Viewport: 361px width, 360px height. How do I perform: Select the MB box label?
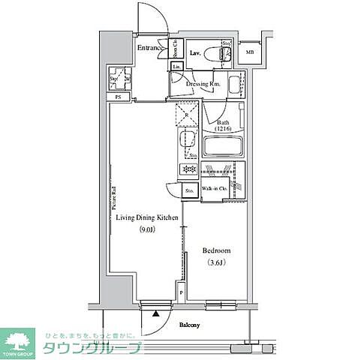(x=248, y=52)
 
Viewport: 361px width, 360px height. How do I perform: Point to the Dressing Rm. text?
(x=203, y=84)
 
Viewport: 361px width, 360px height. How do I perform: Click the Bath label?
(x=224, y=122)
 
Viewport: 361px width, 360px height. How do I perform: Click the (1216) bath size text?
(x=224, y=130)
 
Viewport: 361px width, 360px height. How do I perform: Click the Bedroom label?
(x=216, y=250)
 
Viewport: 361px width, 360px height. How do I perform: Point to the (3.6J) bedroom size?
(x=216, y=262)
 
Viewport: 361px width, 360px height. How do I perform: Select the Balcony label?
(x=189, y=325)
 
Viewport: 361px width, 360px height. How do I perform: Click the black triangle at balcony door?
(x=156, y=316)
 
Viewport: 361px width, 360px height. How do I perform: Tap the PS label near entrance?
(x=118, y=97)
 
